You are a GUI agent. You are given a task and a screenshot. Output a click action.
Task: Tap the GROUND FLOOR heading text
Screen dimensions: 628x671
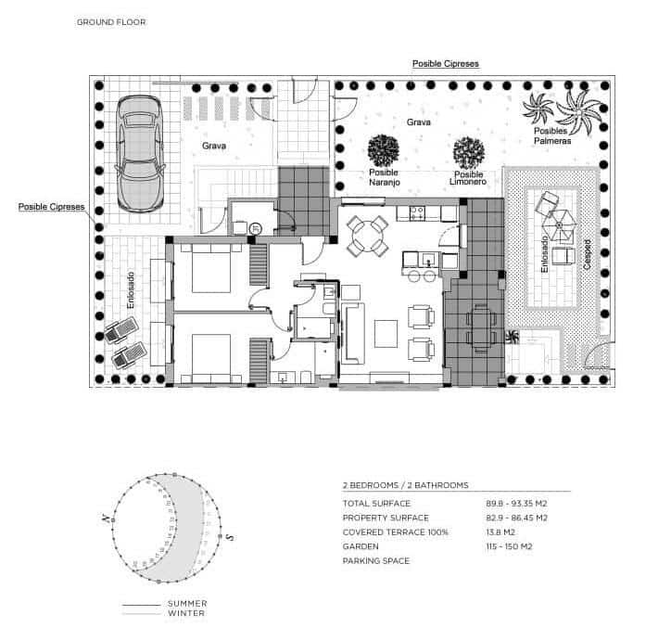111,21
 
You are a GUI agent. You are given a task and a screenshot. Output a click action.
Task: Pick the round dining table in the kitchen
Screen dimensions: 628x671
368,236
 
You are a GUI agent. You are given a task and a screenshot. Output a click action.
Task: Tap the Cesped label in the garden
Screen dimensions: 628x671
588,256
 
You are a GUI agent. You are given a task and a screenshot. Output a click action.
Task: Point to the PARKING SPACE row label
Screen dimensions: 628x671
376,561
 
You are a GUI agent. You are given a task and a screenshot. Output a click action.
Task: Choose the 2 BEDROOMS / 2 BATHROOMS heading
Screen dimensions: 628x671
405,485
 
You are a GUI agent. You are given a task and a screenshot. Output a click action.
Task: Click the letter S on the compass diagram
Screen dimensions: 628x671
230,536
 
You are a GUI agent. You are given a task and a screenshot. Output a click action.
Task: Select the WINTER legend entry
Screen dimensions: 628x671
186,613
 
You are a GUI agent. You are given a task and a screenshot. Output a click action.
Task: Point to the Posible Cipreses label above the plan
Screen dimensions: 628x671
445,63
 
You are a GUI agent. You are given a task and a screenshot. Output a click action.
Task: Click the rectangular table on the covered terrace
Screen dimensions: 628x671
481,327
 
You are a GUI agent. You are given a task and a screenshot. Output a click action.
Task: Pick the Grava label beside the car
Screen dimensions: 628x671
214,146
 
